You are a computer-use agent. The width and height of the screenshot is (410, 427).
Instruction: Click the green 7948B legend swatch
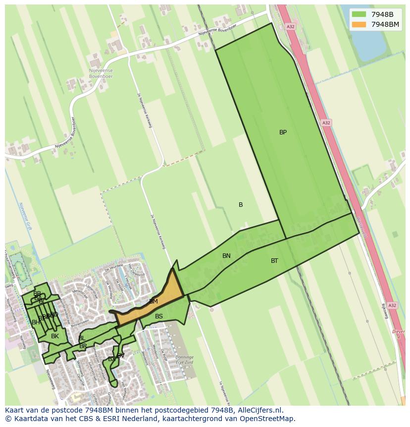pos(359,14)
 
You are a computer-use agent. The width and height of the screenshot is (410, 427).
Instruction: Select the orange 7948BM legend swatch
pos(359,24)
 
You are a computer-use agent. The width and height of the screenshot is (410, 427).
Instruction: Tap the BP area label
pos(283,132)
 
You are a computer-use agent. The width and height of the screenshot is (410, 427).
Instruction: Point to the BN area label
pos(226,256)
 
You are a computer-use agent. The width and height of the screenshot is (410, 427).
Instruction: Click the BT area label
pos(274,261)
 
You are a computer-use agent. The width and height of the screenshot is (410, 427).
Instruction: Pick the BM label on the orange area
pos(154,302)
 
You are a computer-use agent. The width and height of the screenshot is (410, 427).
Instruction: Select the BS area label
pos(159,316)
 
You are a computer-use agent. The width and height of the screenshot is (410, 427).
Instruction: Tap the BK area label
pos(55,336)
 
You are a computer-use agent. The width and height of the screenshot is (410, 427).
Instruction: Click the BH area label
pos(36,323)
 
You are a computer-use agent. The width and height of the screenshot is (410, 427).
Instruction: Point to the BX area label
pos(111,359)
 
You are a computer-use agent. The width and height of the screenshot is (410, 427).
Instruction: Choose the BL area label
pos(82,338)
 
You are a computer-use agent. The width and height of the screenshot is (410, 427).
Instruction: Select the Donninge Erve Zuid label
pos(185,360)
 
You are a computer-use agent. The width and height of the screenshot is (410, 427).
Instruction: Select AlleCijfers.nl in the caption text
pos(258,410)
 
